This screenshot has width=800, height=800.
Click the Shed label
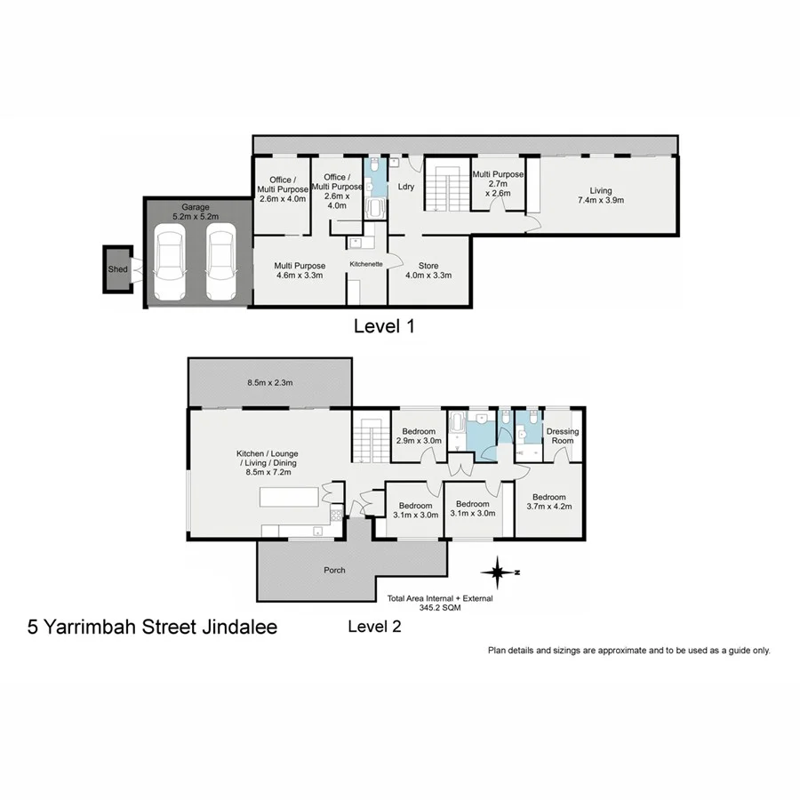(x=116, y=269)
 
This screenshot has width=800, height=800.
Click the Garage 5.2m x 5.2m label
(x=196, y=212)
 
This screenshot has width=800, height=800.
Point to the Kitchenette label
(x=366, y=264)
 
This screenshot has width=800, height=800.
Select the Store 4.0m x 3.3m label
(x=429, y=270)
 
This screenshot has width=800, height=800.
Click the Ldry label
(x=406, y=187)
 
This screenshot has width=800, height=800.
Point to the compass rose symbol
(x=499, y=572)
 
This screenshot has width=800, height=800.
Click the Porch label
(x=333, y=570)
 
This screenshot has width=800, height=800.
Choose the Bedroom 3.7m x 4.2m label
(x=548, y=502)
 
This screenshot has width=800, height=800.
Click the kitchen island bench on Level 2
(x=289, y=496)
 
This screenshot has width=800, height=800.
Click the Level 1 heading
(x=384, y=326)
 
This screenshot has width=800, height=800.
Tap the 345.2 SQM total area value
(x=440, y=610)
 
